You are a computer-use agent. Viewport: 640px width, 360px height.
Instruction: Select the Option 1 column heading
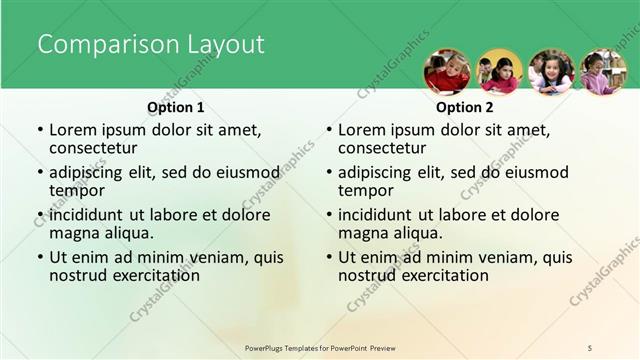(175, 107)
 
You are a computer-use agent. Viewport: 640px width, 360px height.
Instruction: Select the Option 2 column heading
(464, 107)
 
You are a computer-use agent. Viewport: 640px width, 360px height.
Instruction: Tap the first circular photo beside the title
(447, 72)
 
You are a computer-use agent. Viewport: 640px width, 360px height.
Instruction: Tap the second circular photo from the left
(499, 72)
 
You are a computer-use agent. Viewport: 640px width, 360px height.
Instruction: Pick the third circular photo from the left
(551, 72)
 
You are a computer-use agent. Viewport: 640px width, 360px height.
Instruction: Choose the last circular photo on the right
(603, 72)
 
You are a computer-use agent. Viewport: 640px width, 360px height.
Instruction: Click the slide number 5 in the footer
(590, 347)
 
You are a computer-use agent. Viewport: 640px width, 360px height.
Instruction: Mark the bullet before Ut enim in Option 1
(39, 257)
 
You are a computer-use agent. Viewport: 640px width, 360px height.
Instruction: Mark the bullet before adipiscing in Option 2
(328, 172)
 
